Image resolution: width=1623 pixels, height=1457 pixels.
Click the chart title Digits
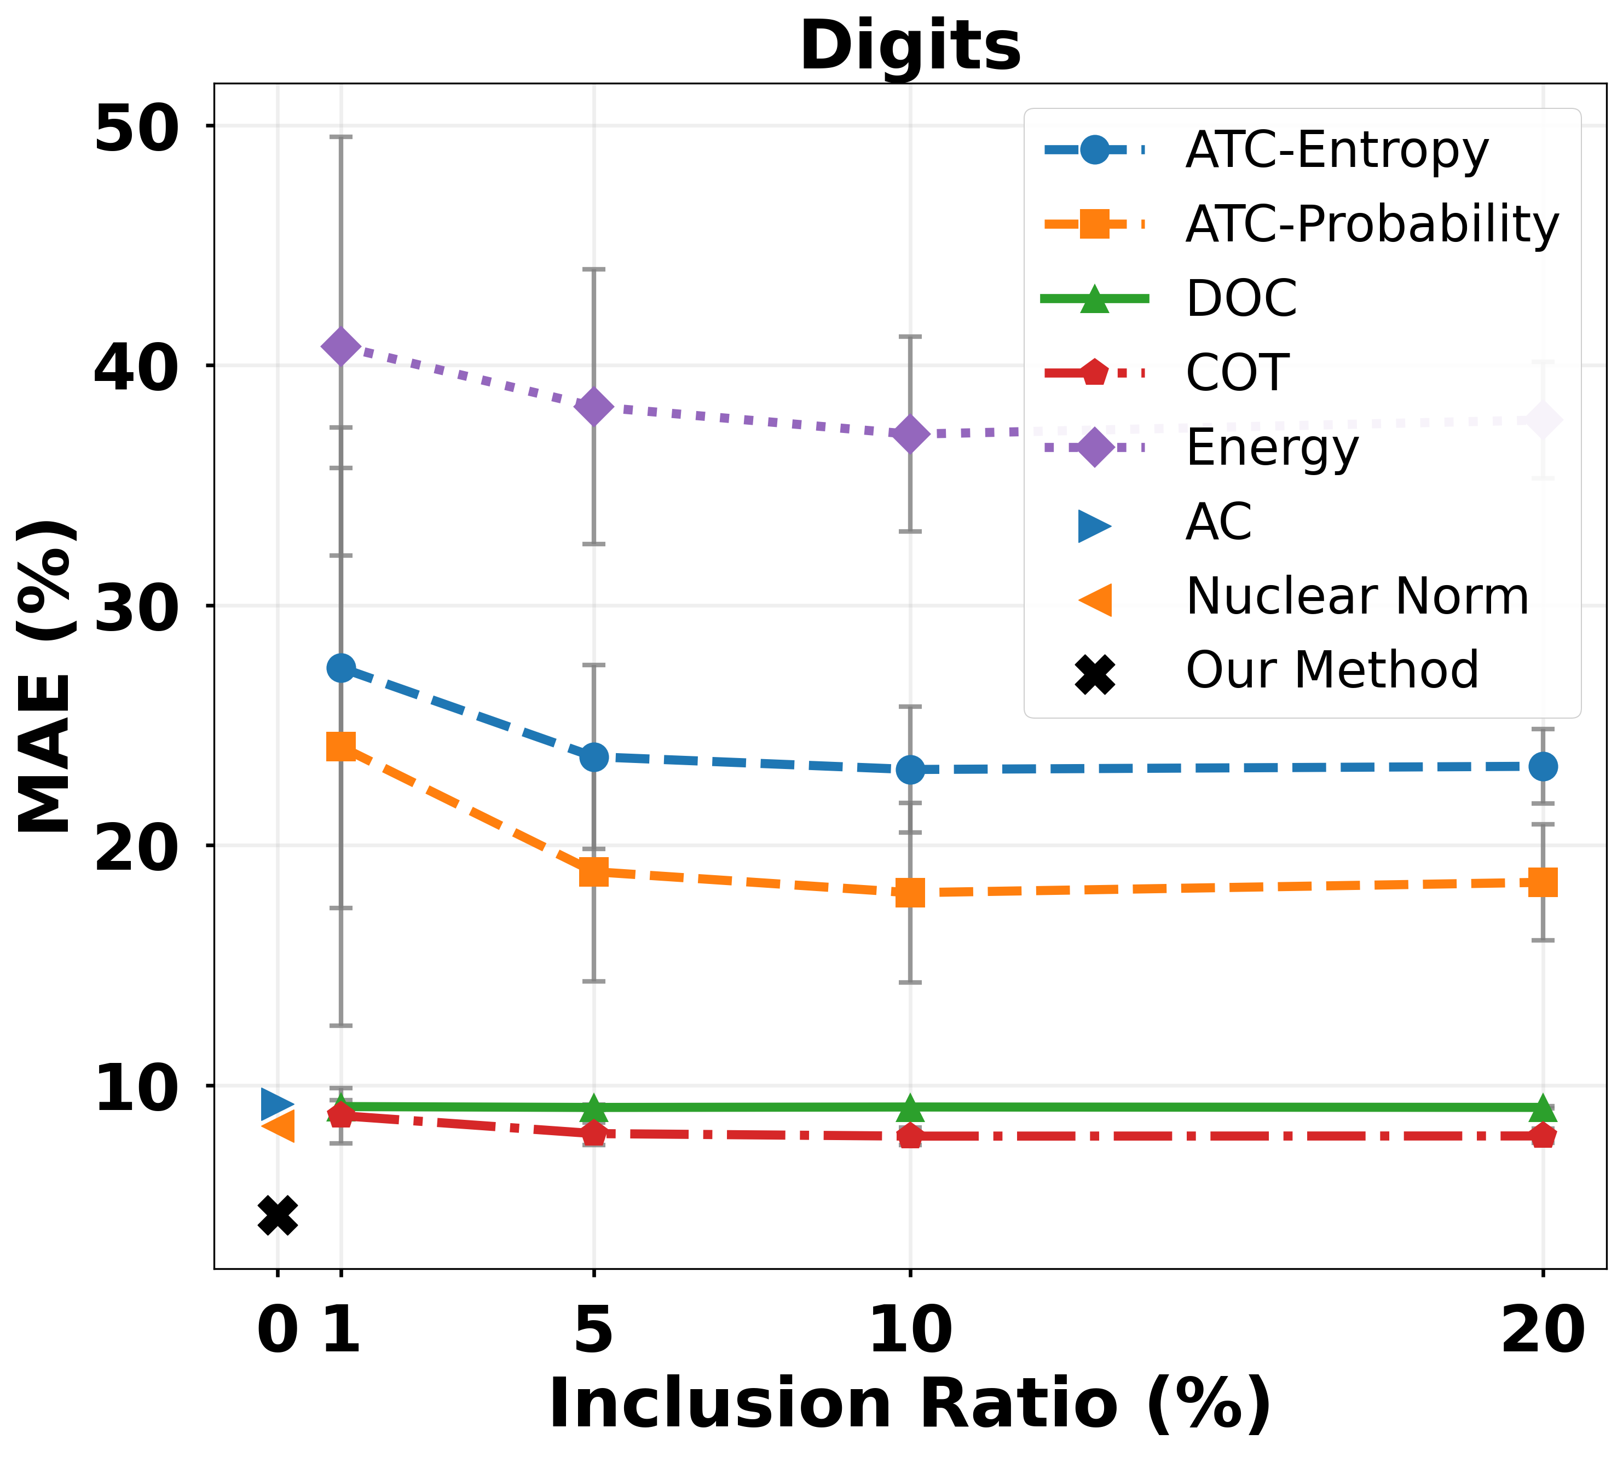click(910, 47)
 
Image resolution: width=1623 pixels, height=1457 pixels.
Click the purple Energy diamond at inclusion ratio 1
click(341, 346)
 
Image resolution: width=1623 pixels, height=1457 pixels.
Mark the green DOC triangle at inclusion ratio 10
click(910, 1108)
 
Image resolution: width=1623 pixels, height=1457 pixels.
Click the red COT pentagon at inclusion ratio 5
click(593, 1133)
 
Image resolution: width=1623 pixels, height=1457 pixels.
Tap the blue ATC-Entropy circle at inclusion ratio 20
click(1543, 767)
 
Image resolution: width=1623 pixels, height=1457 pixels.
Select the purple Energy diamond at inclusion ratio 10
click(910, 434)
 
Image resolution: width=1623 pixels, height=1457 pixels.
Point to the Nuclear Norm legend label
click(1357, 597)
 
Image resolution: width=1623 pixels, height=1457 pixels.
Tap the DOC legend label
click(1241, 299)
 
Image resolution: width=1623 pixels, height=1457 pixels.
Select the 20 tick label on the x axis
click(1543, 1331)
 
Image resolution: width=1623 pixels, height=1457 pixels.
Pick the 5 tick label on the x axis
click(593, 1331)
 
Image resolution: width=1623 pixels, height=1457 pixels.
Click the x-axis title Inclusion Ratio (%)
click(910, 1405)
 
